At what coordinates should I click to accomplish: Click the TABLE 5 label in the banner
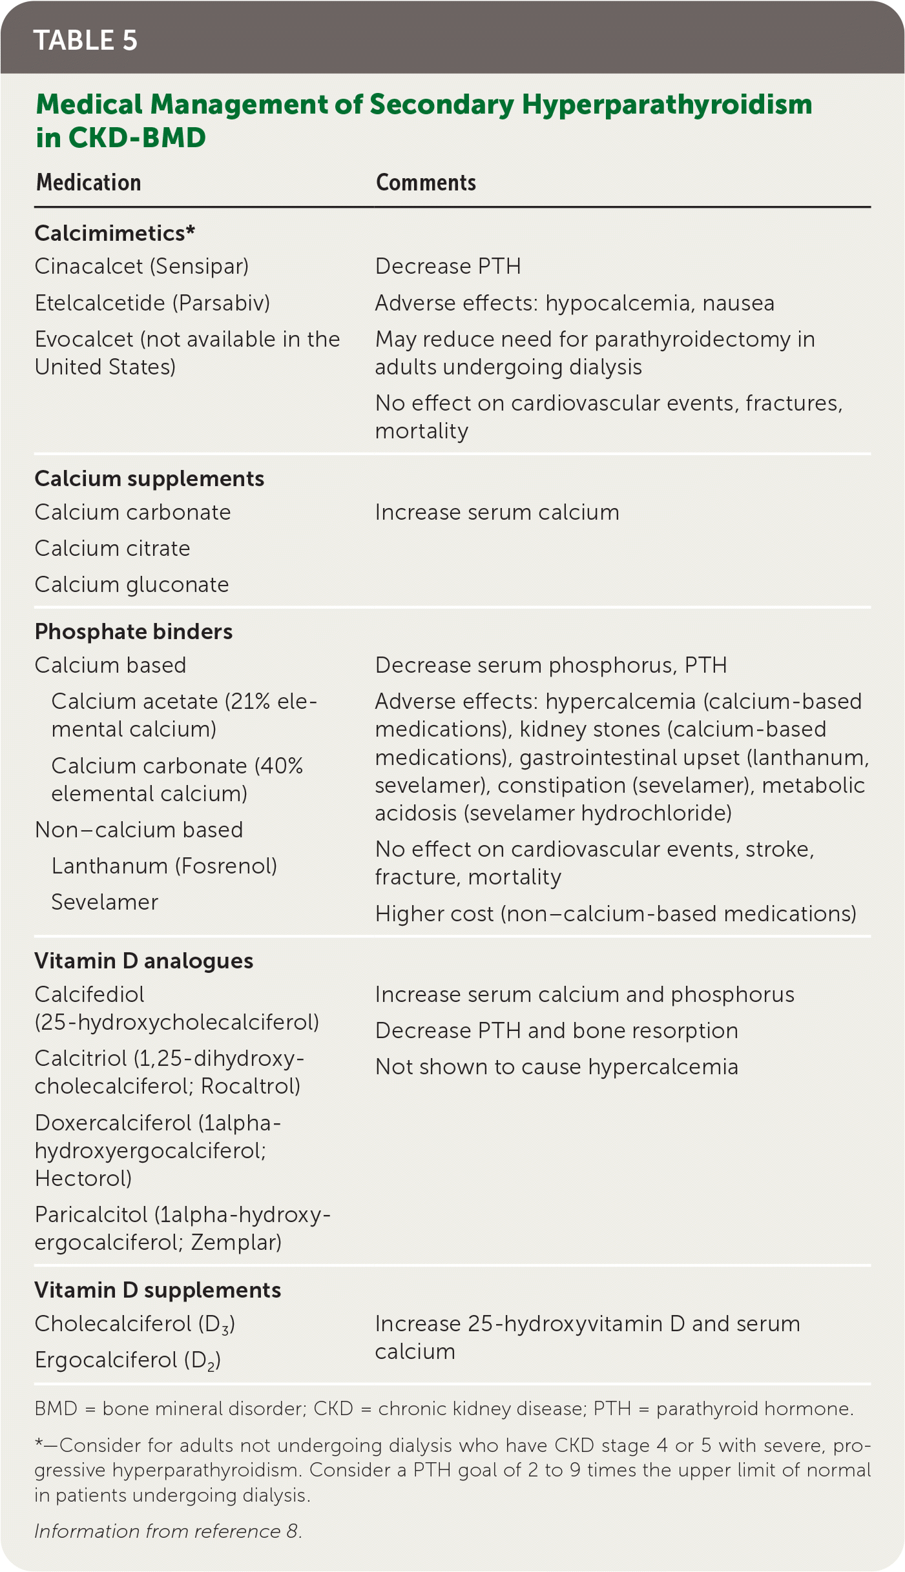tap(85, 40)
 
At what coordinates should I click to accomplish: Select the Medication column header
tap(88, 183)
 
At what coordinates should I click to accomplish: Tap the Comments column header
tap(426, 183)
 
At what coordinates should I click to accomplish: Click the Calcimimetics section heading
tap(114, 233)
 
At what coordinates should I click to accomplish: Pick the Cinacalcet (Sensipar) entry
tap(141, 266)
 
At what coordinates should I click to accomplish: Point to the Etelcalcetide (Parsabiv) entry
tap(152, 303)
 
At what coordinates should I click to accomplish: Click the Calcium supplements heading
tap(149, 478)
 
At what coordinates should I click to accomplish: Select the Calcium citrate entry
tap(112, 548)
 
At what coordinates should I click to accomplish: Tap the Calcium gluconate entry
tap(132, 584)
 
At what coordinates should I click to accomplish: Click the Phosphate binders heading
tap(134, 631)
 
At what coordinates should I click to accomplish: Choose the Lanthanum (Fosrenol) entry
tap(164, 866)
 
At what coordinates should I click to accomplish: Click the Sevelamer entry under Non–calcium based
tap(105, 902)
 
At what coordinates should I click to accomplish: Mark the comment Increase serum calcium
tap(497, 512)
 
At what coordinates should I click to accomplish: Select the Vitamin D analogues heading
tap(143, 961)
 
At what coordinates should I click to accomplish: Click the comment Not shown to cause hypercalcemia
tap(556, 1067)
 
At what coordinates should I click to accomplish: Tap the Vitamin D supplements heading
tap(158, 1290)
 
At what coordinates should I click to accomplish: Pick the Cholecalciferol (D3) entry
tap(134, 1324)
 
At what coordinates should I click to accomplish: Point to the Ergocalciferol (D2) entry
tap(128, 1360)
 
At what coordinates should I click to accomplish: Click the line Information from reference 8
tap(168, 1531)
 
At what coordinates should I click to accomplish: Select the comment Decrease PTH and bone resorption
tap(556, 1030)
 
